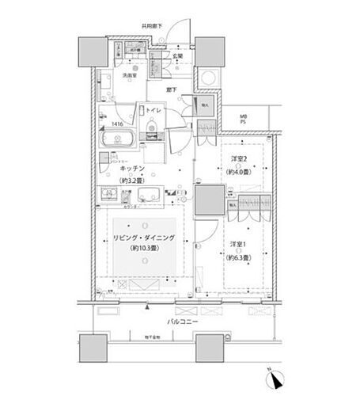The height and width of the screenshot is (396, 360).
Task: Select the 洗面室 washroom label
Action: coord(129,75)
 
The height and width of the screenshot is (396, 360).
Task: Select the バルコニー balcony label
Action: coord(180,323)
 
